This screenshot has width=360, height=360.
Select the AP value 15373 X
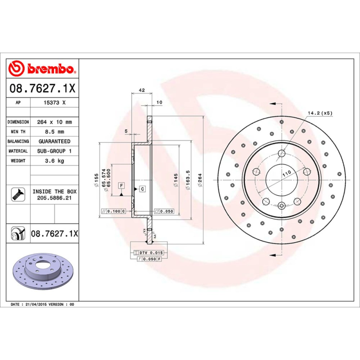(x=54, y=103)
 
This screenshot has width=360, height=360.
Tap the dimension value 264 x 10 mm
(x=54, y=122)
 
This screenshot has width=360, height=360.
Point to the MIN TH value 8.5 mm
(x=54, y=132)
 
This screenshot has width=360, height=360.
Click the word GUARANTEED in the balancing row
(x=54, y=141)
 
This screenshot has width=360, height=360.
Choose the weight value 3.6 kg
(x=54, y=161)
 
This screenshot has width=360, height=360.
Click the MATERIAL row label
(x=18, y=151)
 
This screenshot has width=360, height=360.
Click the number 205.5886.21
(x=54, y=198)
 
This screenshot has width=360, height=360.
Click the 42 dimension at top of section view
(x=141, y=90)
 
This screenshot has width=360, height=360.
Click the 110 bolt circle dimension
(x=286, y=174)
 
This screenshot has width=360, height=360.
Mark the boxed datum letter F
(x=121, y=185)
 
